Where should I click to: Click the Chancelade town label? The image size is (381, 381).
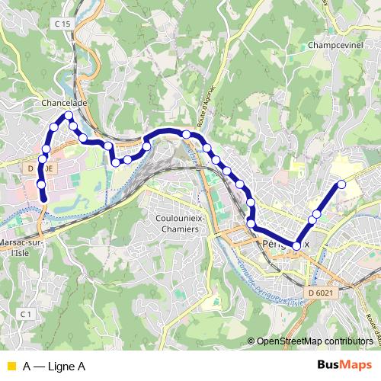click(65, 101)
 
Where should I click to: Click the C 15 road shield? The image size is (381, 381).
click(62, 24)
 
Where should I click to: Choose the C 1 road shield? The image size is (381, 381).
click(27, 313)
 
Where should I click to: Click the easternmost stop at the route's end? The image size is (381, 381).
click(341, 184)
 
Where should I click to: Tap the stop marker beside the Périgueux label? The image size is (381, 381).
click(296, 245)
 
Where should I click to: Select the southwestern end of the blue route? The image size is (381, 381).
click(43, 198)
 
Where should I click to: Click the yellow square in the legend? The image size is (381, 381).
click(10, 367)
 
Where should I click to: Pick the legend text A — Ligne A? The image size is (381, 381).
click(53, 367)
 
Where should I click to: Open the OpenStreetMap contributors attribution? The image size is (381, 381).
click(317, 341)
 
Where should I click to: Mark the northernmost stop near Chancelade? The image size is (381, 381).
click(69, 115)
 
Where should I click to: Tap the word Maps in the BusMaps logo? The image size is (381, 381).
click(354, 365)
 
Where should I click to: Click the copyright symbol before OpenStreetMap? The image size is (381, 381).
click(252, 341)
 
